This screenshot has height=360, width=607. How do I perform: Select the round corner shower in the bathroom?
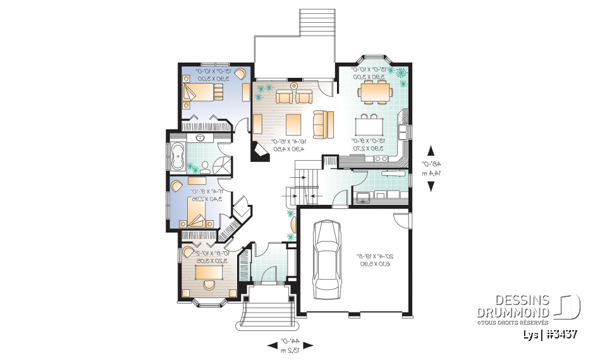(x=224, y=168)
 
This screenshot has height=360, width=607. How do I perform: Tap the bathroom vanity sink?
(x=200, y=137)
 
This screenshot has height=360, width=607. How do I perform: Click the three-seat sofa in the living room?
(x=321, y=124)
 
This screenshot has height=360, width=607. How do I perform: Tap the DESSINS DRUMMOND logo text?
(x=513, y=306)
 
